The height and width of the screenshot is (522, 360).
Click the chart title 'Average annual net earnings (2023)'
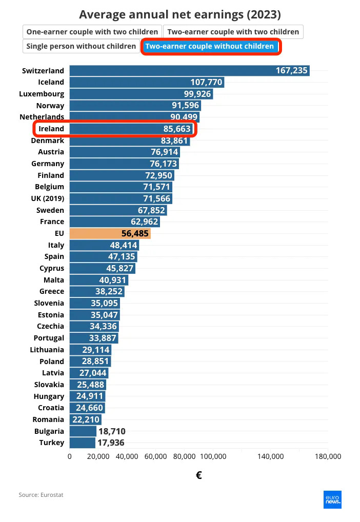pyautogui.click(x=180, y=14)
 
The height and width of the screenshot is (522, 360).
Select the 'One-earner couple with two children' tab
pyautogui.click(x=92, y=32)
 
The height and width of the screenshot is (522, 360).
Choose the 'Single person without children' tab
pyautogui.click(x=81, y=46)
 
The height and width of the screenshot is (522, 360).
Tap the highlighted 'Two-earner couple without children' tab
pyautogui.click(x=210, y=46)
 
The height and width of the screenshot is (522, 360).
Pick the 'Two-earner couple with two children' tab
pyautogui.click(x=233, y=32)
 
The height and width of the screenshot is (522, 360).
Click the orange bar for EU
pyautogui.click(x=110, y=233)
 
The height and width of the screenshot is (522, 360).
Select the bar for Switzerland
pyautogui.click(x=189, y=70)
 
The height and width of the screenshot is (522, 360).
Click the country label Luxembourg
pyautogui.click(x=42, y=94)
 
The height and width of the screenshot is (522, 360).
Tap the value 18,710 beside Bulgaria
pyautogui.click(x=111, y=431)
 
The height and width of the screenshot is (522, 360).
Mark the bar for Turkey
pyautogui.click(x=82, y=443)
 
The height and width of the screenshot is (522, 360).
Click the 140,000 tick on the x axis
pyautogui.click(x=270, y=456)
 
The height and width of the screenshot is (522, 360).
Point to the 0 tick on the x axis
pyautogui.click(x=70, y=456)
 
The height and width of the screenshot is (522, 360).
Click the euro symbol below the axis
pyautogui.click(x=198, y=475)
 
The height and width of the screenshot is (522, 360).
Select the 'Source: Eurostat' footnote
pyautogui.click(x=41, y=495)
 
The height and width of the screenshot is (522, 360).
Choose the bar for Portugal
pyautogui.click(x=94, y=338)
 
